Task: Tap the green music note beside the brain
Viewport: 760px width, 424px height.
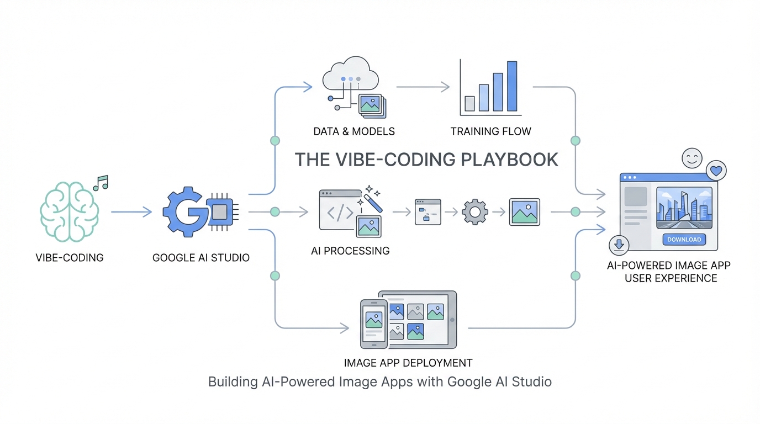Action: tap(102, 183)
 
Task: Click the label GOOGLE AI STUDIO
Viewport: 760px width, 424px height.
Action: tap(200, 257)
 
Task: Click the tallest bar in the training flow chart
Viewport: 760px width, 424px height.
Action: tap(512, 86)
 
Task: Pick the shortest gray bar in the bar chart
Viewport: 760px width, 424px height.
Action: tap(470, 103)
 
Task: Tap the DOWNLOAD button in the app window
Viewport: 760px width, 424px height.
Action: tap(684, 240)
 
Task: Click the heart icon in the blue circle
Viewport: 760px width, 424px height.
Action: tap(716, 171)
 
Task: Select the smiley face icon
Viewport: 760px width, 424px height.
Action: tap(692, 158)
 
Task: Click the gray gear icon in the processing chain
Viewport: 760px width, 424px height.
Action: tap(474, 212)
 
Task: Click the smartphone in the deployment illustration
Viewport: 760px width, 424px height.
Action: tap(374, 324)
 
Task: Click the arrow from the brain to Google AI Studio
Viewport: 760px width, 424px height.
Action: tap(131, 212)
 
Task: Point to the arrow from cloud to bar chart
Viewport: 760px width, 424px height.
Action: tap(424, 87)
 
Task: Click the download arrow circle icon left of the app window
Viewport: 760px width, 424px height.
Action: tap(619, 245)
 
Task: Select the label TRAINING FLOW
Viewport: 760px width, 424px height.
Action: tap(490, 131)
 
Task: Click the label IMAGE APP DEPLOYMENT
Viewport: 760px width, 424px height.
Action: tap(408, 363)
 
